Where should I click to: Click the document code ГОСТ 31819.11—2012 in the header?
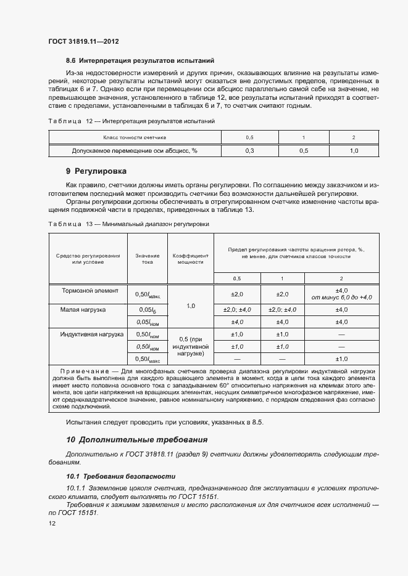[x=83, y=41]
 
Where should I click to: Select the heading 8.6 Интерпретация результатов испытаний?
[x=139, y=61]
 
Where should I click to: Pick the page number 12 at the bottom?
[x=52, y=523]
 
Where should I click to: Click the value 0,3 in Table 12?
[x=249, y=150]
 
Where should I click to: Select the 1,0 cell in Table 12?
[x=354, y=150]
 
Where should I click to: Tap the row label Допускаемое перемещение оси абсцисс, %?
[x=134, y=150]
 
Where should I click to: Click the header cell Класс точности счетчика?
[x=134, y=137]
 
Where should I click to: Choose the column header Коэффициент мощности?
[x=191, y=258]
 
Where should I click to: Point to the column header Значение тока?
[x=148, y=258]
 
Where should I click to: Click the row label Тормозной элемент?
[x=86, y=290]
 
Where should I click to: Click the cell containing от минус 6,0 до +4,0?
[x=341, y=298]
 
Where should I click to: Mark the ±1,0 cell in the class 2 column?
[x=341, y=359]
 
